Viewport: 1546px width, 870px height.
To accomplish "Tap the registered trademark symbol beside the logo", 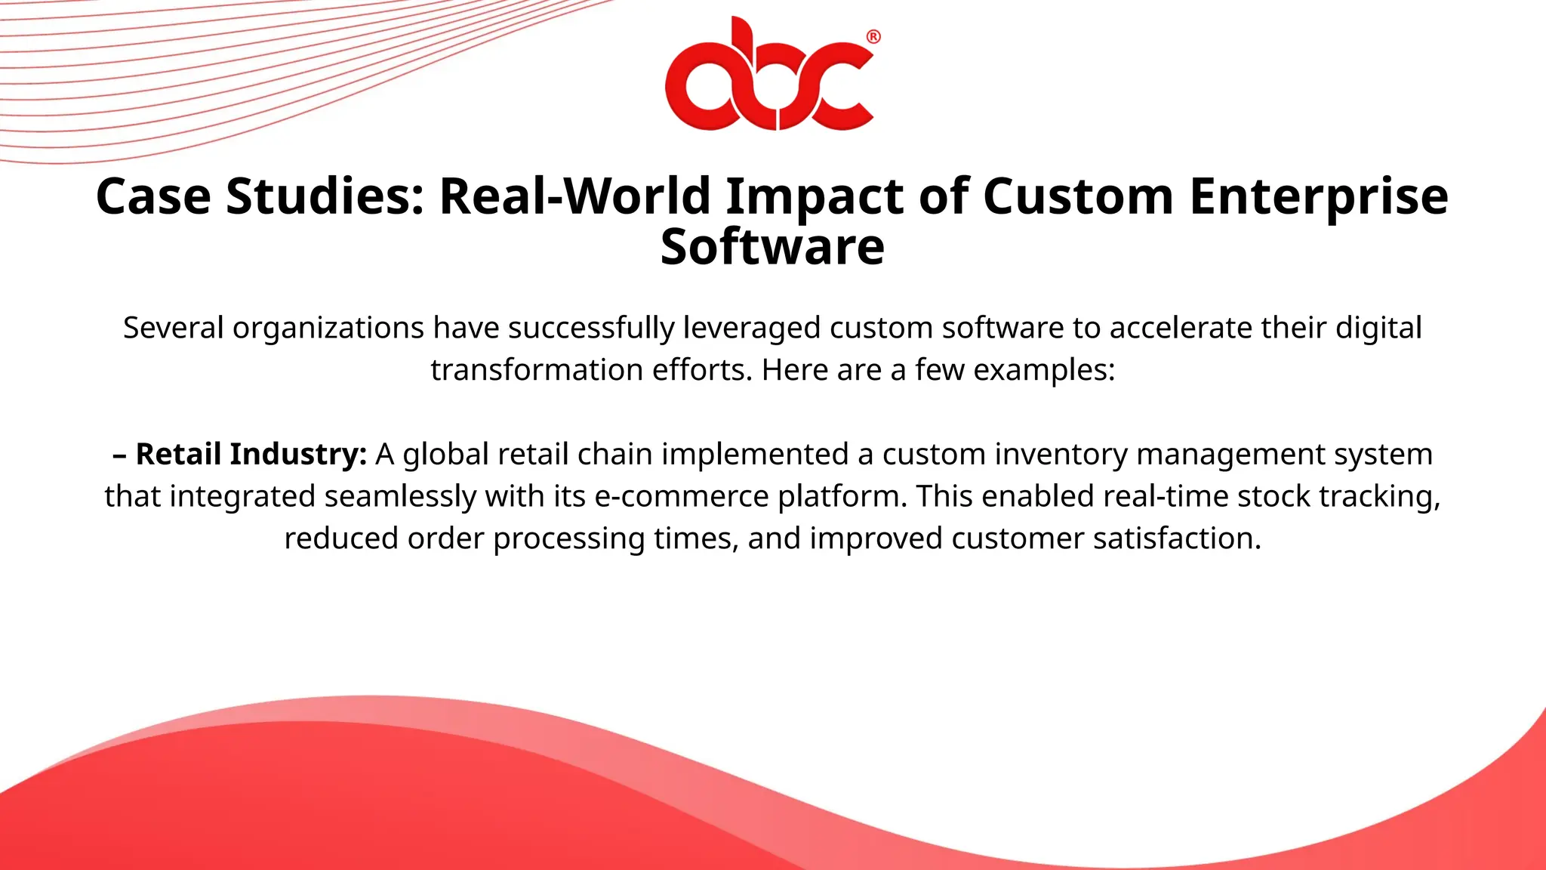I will [873, 37].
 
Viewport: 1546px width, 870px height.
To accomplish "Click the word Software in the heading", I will [772, 247].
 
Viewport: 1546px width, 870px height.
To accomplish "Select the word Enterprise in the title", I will [1319, 196].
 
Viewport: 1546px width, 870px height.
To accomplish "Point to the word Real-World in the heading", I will [574, 196].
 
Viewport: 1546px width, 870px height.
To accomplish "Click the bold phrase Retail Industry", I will [251, 455].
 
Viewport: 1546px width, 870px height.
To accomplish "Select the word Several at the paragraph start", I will [173, 329].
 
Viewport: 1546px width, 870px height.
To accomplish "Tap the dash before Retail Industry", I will [119, 455].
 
